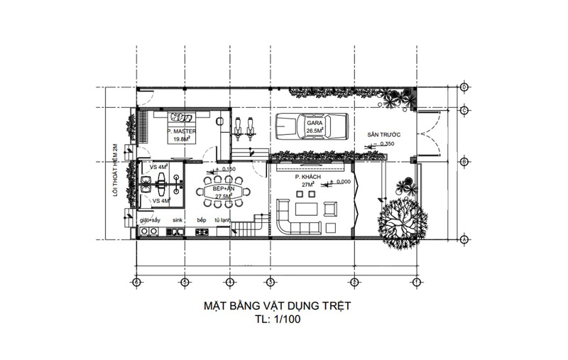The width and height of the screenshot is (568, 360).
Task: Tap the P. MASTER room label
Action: tap(180, 131)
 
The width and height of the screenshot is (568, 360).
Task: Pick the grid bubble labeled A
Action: tap(463, 239)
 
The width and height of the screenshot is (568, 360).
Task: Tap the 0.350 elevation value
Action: tap(387, 144)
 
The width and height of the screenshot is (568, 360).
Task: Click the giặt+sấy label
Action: tap(151, 221)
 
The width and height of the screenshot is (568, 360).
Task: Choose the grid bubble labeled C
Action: tap(463, 110)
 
